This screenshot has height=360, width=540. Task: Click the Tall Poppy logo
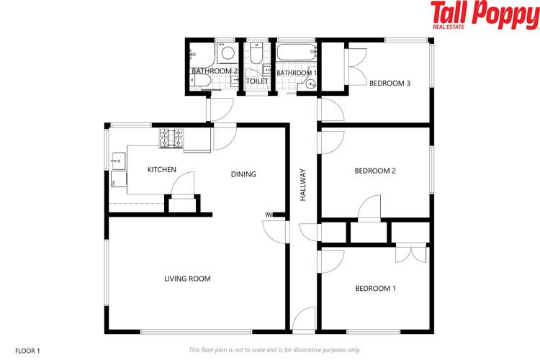click(484, 15)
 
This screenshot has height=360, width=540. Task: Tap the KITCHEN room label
click(162, 170)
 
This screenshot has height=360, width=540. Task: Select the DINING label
click(243, 174)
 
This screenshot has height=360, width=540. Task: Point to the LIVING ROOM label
click(187, 279)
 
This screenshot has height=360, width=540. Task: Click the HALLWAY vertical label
click(303, 184)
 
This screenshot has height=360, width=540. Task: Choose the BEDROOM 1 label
click(375, 289)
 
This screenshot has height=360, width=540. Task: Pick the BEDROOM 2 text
click(375, 171)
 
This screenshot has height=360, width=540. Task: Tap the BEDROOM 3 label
click(390, 84)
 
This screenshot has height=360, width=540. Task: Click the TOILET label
click(257, 82)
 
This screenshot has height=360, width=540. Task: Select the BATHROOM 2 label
click(215, 72)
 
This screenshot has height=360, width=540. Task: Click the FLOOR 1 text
click(27, 351)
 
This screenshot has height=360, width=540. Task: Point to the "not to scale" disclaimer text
click(274, 350)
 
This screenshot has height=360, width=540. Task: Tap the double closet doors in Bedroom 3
click(354, 66)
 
